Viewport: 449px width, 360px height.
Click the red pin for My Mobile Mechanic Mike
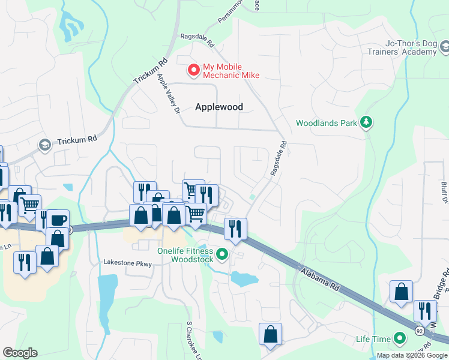pyautogui.click(x=194, y=70)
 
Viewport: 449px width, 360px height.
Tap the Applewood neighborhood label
pyautogui.click(x=219, y=107)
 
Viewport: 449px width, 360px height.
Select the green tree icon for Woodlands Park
pyautogui.click(x=366, y=123)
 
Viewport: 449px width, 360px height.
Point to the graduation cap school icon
pyautogui.click(x=44, y=145)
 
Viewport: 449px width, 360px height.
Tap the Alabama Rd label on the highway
pyautogui.click(x=318, y=277)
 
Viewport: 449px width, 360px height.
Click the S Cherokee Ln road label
pyautogui.click(x=193, y=340)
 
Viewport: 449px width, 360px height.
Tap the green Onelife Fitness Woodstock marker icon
pyautogui.click(x=222, y=255)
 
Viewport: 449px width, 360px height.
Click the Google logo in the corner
pyautogui.click(x=20, y=353)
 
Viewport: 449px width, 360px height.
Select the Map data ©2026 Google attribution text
pyautogui.click(x=412, y=355)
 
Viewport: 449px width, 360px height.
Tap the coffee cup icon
pyautogui.click(x=58, y=220)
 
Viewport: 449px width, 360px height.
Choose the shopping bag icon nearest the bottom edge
pyautogui.click(x=270, y=334)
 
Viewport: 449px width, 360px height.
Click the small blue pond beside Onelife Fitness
pyautogui.click(x=244, y=279)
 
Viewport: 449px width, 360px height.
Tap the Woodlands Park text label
pyautogui.click(x=326, y=123)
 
